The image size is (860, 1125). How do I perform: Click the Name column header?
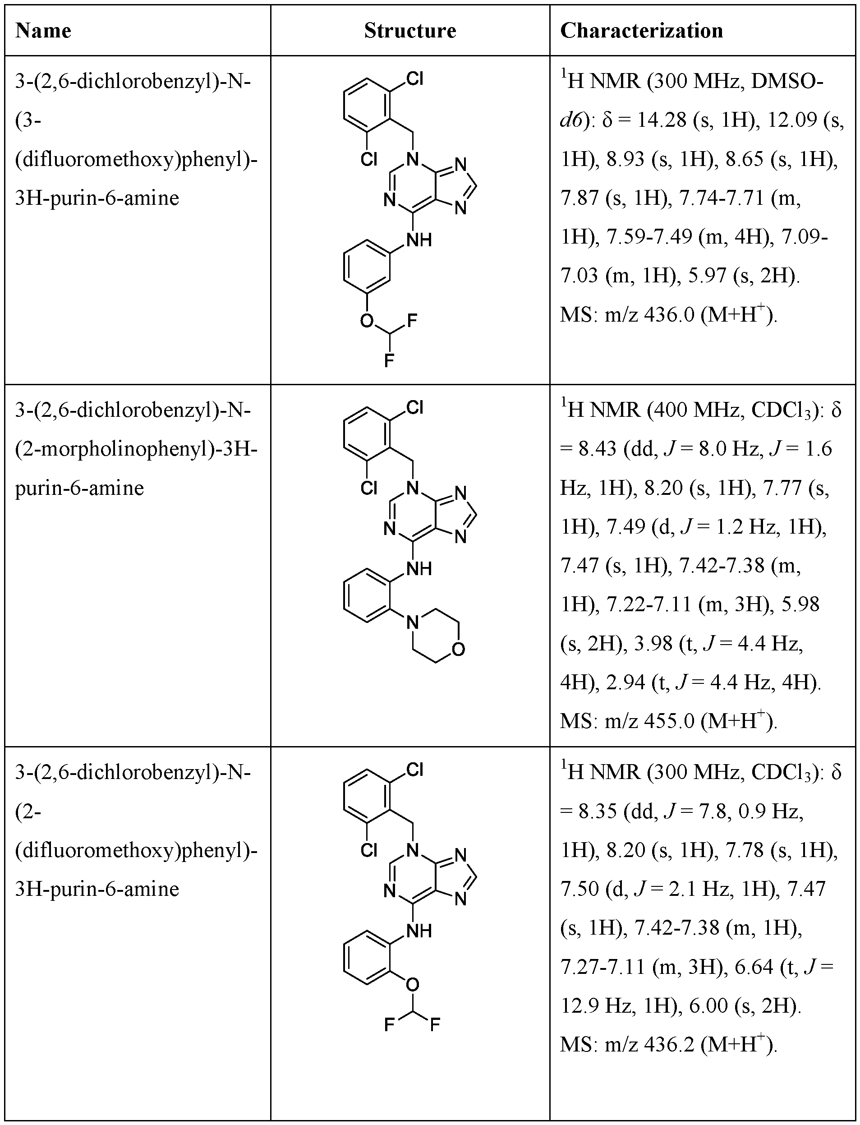coord(43,31)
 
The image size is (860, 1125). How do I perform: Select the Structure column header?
coord(410,31)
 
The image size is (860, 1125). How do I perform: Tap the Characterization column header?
coord(641,31)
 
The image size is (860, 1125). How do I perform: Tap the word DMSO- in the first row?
coord(787,82)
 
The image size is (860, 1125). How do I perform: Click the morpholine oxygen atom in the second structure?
coord(459,649)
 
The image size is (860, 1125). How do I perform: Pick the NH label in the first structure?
coord(419,240)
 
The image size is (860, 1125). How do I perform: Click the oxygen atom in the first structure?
coord(367,321)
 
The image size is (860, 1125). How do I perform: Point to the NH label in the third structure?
coord(419,931)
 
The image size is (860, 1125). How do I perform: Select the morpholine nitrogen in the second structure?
coord(413,622)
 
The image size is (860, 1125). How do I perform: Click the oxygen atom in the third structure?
coord(413,984)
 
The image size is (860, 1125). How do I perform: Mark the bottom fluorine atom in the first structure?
coord(389,361)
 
